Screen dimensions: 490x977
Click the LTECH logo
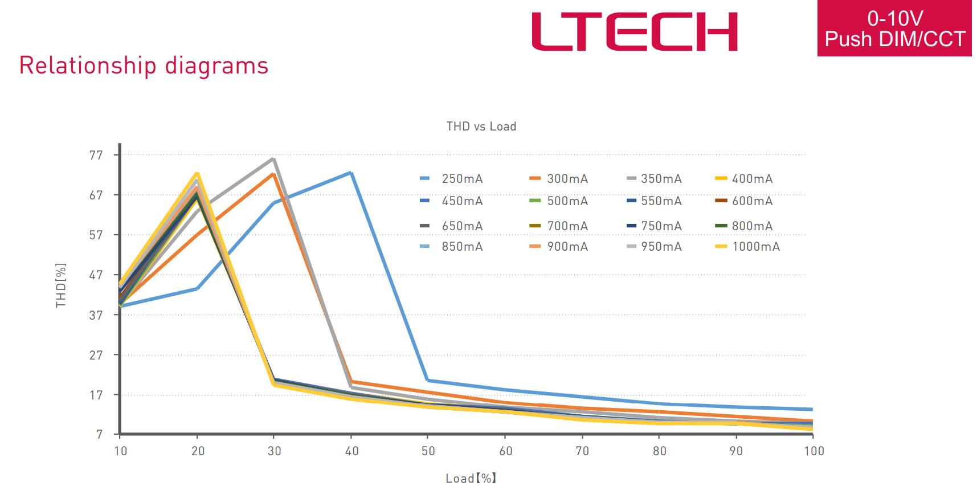tap(634, 32)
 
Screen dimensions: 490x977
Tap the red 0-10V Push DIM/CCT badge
tap(894, 28)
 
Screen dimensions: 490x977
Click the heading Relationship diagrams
tap(144, 66)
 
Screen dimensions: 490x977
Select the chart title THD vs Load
tap(481, 126)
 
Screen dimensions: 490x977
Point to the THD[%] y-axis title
tap(61, 285)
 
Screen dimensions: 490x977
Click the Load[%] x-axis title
tap(471, 478)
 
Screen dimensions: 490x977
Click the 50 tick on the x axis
tap(428, 451)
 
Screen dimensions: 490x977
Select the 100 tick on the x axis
tap(814, 451)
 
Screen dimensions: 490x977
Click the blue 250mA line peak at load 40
tap(351, 173)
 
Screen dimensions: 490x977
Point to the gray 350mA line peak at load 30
tap(274, 159)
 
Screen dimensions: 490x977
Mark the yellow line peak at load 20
tap(197, 173)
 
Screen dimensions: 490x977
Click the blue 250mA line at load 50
tap(428, 380)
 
